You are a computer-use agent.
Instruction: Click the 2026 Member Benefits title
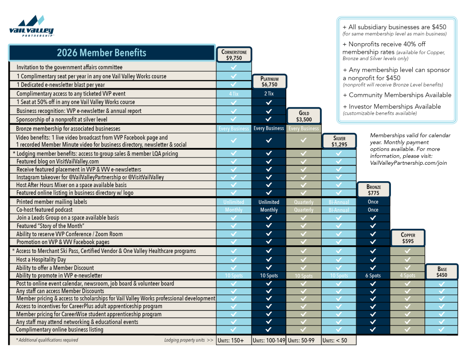[x=101, y=53]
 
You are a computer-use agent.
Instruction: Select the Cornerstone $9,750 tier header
[x=234, y=55]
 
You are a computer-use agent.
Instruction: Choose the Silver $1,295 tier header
[x=339, y=141]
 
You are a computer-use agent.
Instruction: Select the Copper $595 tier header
[x=408, y=238]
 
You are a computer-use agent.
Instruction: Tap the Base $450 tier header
[x=441, y=272]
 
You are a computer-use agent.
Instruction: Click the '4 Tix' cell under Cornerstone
[x=234, y=94]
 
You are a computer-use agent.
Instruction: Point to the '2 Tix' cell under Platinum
[x=269, y=94]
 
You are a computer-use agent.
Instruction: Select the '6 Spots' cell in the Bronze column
[x=373, y=276]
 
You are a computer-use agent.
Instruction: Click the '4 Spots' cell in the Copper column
[x=408, y=276]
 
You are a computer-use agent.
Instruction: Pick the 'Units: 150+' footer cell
[x=234, y=340]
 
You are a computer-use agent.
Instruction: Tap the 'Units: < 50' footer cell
[x=338, y=340]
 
